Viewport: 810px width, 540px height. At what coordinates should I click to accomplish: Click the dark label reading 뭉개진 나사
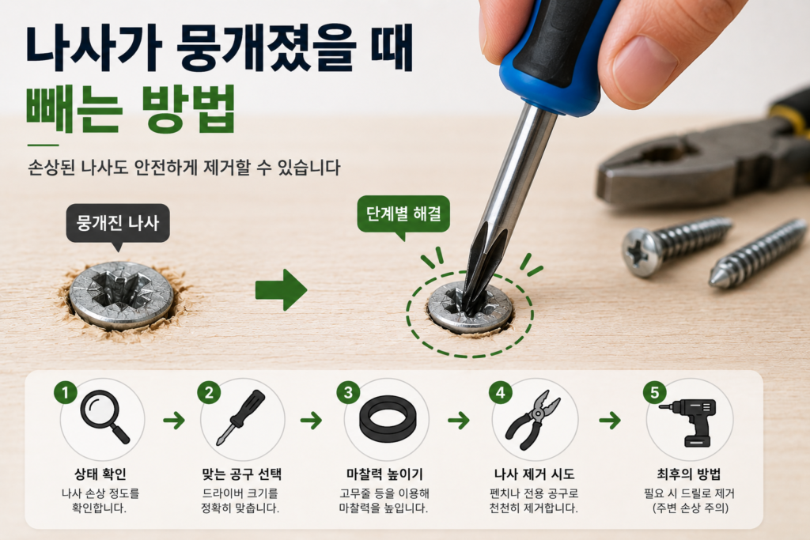pos(118,223)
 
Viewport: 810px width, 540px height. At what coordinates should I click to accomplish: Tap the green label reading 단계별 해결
pos(403,213)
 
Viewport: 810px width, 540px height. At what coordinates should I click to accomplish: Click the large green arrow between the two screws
pos(282,289)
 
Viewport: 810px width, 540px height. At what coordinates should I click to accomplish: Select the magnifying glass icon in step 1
pos(105,417)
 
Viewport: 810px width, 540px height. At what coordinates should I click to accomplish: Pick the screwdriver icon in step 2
pos(241,417)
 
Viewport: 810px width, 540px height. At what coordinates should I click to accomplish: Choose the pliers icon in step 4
pos(532,420)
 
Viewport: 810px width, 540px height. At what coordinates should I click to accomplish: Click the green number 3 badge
pos(348,393)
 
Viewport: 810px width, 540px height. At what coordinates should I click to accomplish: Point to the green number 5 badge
pos(654,393)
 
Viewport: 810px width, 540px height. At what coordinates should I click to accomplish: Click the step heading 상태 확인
pos(100,474)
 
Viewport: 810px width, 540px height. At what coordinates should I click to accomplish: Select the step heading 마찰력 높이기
pos(384,474)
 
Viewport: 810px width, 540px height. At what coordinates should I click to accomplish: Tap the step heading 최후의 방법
pos(689,474)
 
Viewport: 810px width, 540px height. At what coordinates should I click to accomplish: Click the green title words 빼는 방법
pos(131,109)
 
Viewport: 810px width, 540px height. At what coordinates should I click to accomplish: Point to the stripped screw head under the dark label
pos(121,295)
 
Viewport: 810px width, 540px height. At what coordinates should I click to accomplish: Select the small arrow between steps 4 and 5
pos(610,421)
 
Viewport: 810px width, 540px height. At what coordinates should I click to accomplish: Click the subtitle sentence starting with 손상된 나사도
pos(184,168)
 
